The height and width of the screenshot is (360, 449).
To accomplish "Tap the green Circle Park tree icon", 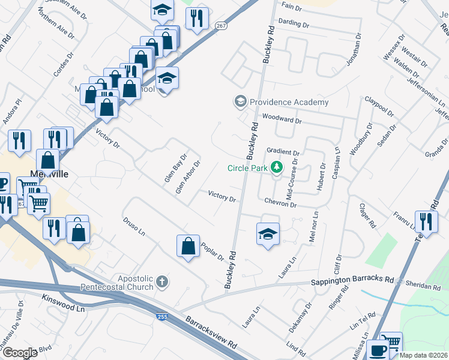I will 277,167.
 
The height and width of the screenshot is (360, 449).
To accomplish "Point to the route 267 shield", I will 220,25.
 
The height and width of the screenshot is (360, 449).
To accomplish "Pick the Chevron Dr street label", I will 280,204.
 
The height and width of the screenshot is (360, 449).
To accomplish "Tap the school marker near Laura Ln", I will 268,233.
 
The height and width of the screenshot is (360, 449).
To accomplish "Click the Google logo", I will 20,353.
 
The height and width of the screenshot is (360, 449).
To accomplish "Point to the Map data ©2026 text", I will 424,355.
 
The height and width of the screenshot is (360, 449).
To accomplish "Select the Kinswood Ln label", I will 63,302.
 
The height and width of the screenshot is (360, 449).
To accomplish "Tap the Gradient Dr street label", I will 283,152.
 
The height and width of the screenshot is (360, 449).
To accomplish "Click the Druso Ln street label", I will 134,224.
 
